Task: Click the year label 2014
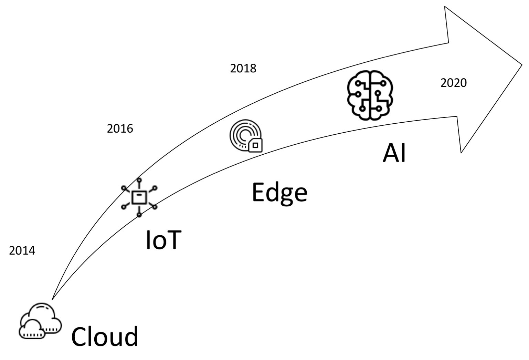[22, 251]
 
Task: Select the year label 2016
[120, 128]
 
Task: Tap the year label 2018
[243, 69]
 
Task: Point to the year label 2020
[453, 83]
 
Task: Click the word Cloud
[104, 337]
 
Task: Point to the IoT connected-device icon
[139, 198]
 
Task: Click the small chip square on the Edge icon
[255, 145]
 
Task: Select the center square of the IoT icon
[139, 198]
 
